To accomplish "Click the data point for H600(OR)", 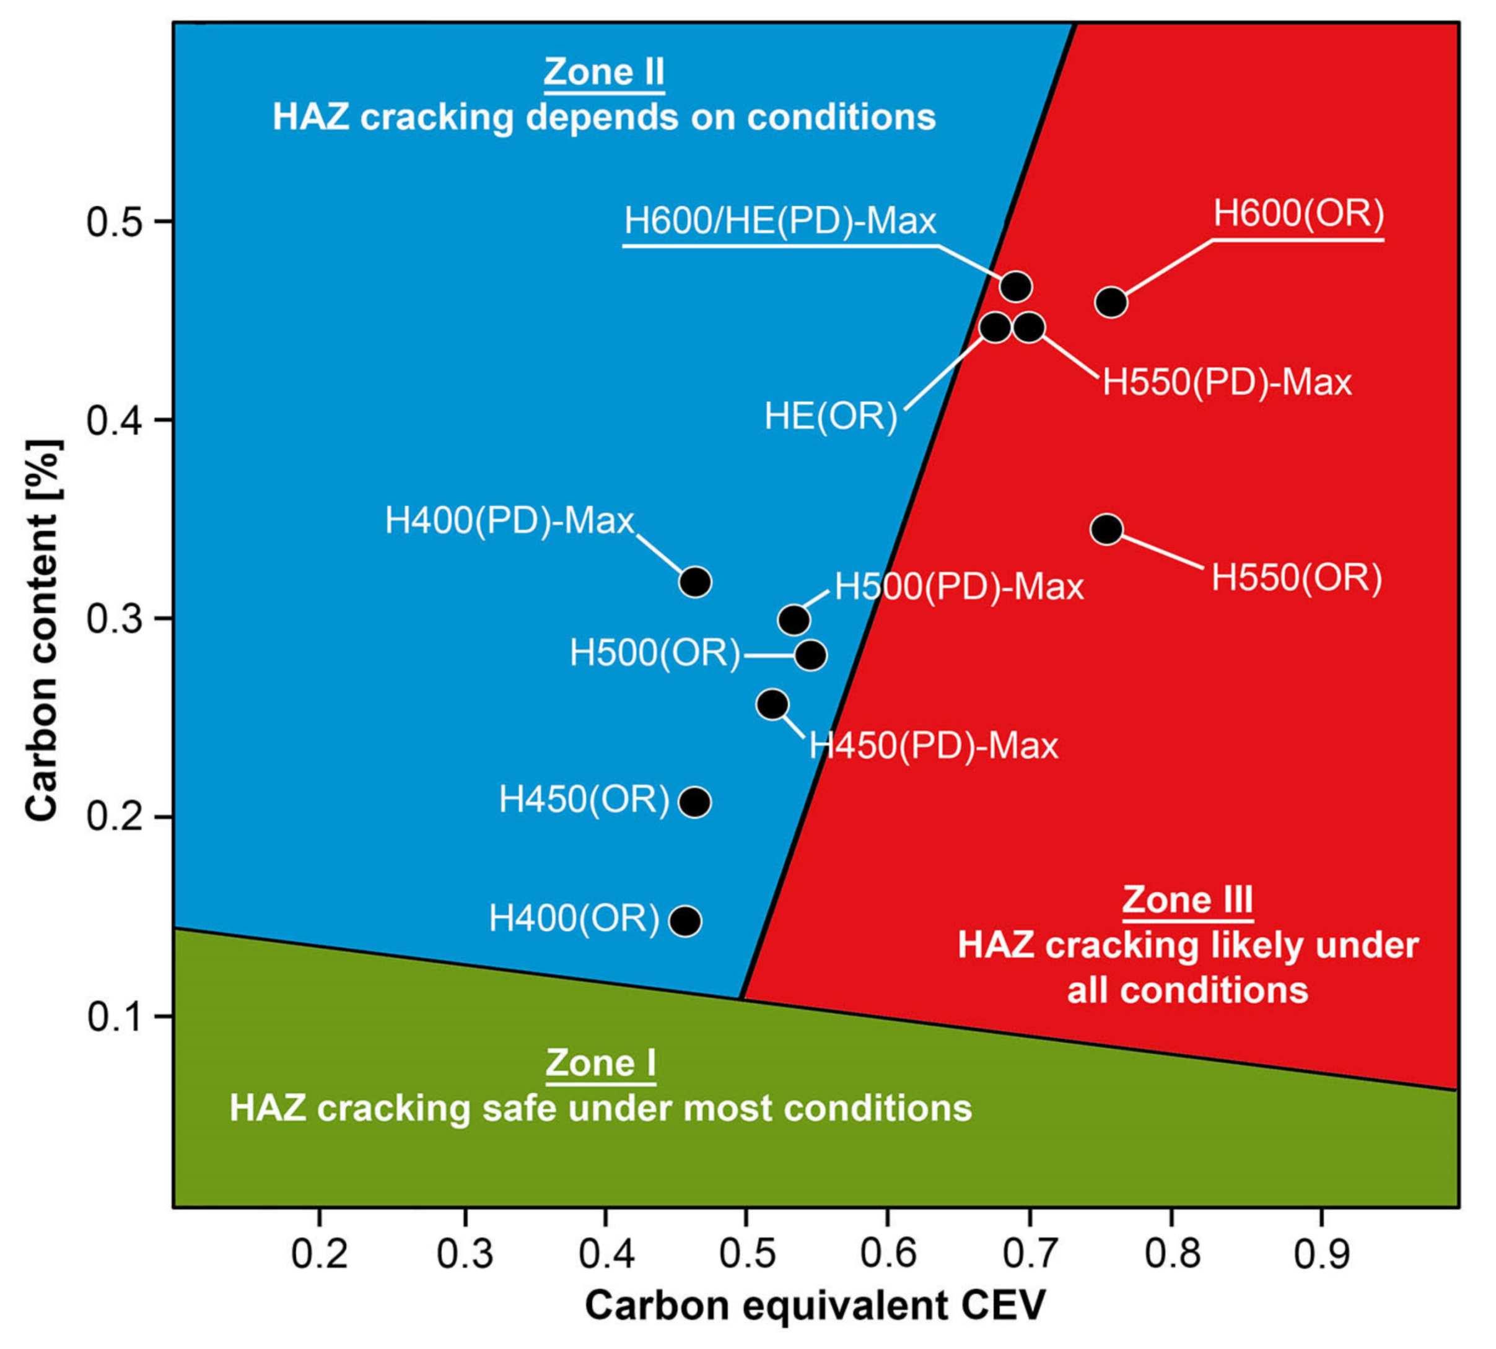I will (1111, 302).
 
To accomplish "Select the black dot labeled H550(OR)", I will (1107, 529).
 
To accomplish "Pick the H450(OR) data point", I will (694, 802).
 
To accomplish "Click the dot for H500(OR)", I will (810, 655).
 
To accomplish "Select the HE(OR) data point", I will (995, 327).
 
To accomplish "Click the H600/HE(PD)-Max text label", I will (780, 222).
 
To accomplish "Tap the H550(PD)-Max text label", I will (1227, 382).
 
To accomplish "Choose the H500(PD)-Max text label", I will (960, 587).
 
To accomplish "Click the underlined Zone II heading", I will (604, 72).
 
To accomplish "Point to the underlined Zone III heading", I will (1187, 901).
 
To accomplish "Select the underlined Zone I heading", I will (600, 1063).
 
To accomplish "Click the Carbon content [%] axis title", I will (42, 630).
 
